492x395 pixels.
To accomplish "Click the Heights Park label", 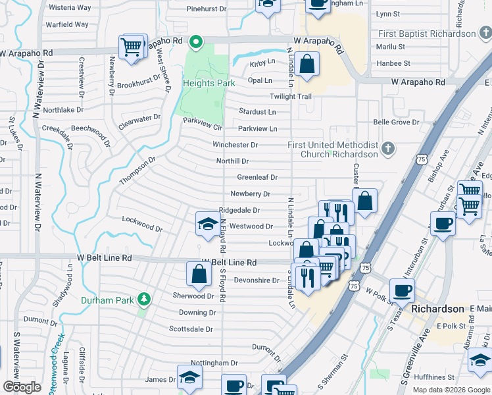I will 208,84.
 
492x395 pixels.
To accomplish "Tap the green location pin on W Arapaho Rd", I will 195,43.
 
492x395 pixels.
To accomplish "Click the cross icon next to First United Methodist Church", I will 389,148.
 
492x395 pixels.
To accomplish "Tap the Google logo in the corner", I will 22,387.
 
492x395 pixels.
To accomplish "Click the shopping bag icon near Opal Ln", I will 307,65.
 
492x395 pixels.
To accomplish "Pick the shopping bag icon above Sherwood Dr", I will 199,275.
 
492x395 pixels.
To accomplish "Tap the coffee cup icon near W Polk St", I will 402,290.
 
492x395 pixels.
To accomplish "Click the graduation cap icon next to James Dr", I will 189,378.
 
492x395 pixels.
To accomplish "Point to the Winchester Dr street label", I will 235,145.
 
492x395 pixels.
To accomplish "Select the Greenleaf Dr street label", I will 257,178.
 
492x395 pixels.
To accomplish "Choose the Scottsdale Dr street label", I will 191,329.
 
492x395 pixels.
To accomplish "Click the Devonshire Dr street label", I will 257,280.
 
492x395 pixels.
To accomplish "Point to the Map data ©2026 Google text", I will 451,390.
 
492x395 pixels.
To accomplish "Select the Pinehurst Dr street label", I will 206,10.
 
